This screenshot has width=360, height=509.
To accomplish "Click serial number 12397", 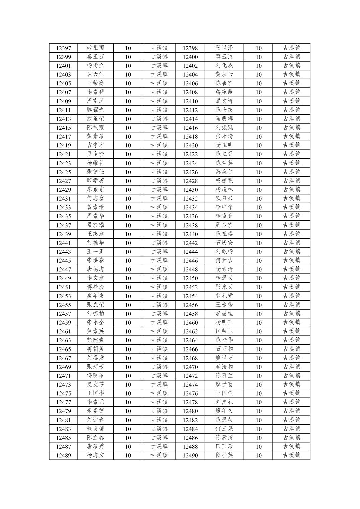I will [x=63, y=48].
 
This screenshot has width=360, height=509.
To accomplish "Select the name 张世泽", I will [x=224, y=48].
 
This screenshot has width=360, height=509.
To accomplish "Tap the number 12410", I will [x=190, y=101].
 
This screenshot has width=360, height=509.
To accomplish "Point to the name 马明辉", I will [x=224, y=119].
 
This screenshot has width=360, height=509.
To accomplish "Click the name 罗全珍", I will [x=95, y=154].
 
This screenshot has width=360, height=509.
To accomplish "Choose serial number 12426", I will [x=190, y=172].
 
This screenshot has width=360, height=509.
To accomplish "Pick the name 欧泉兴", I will [x=224, y=198].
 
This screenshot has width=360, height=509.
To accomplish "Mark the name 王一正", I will [x=95, y=252].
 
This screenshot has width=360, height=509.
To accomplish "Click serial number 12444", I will [x=190, y=252].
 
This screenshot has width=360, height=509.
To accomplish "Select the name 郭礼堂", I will [x=224, y=296].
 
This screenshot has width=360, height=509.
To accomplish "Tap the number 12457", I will [x=63, y=314].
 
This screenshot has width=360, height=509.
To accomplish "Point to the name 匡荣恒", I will [x=224, y=331].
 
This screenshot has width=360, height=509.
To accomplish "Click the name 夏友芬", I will [x=95, y=384].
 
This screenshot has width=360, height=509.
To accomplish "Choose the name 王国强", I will [x=224, y=393].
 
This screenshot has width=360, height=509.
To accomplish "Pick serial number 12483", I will [x=63, y=429].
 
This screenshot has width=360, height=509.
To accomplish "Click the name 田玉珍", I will [x=224, y=446].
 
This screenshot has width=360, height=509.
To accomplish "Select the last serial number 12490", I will [x=190, y=455].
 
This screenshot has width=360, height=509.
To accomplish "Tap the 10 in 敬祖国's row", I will [x=128, y=48].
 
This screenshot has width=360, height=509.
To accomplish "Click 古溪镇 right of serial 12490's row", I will [x=291, y=455].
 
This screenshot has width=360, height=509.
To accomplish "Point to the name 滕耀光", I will [x=95, y=110].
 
